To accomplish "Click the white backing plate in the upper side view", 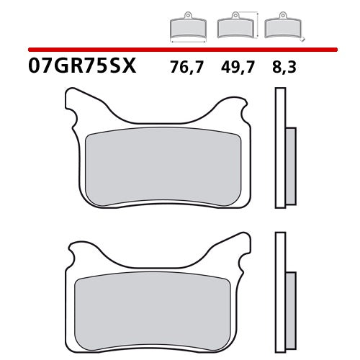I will (280, 144).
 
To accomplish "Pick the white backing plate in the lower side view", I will (280, 288).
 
